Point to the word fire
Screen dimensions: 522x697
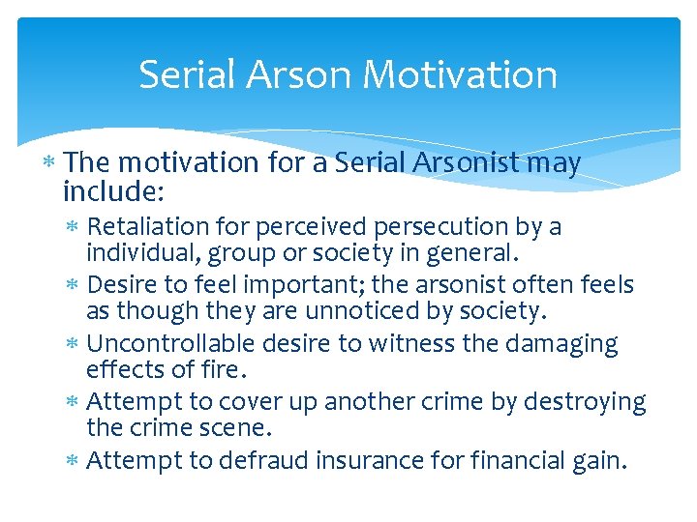coord(222,370)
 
